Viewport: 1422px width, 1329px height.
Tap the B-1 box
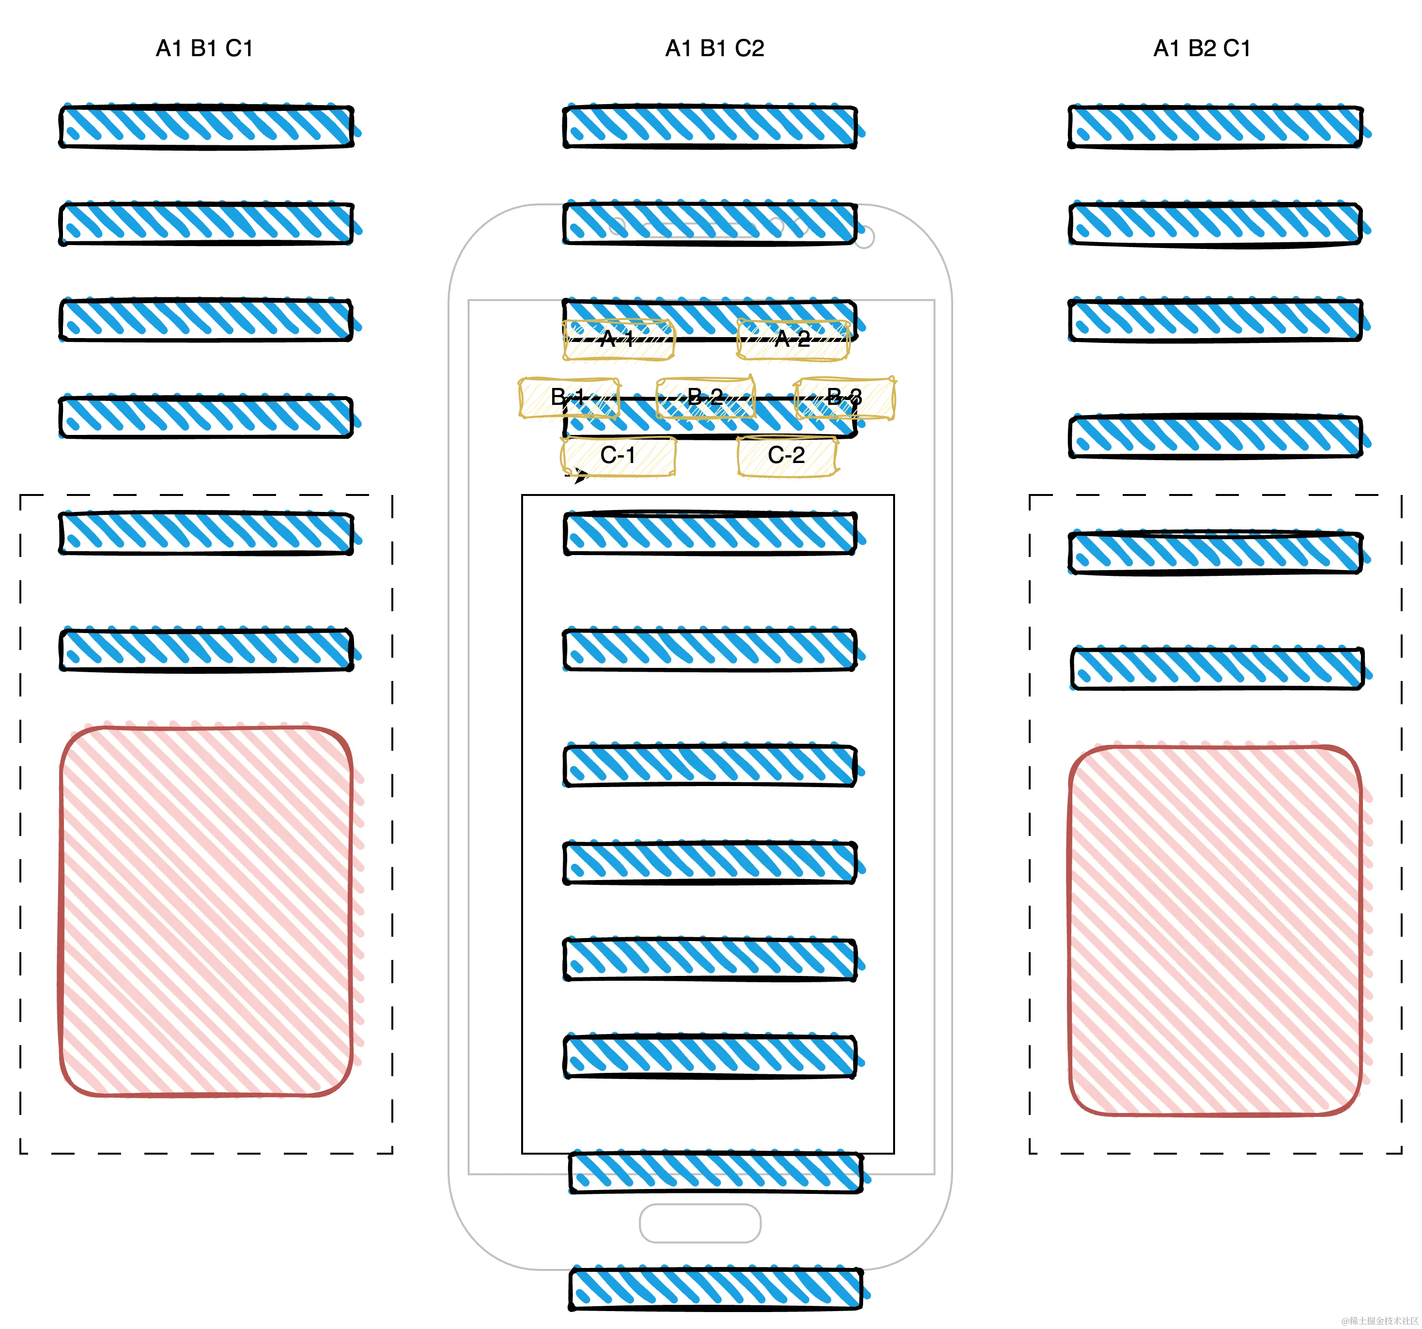click(x=569, y=398)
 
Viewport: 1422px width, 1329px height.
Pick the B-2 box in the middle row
click(x=705, y=396)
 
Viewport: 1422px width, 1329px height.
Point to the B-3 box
click(x=846, y=397)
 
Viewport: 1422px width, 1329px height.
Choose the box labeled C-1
click(x=618, y=456)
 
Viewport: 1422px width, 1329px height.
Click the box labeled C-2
click(x=787, y=456)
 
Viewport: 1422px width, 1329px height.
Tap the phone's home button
click(x=699, y=1223)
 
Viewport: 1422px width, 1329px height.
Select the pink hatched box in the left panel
click(x=206, y=911)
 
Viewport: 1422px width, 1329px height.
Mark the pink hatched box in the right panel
click(x=1215, y=930)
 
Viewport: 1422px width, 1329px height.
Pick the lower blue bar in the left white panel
click(x=206, y=649)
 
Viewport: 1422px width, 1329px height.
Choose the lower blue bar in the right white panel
click(x=1217, y=668)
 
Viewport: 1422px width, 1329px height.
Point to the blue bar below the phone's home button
click(x=717, y=1287)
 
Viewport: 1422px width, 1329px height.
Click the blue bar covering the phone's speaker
click(x=710, y=224)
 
